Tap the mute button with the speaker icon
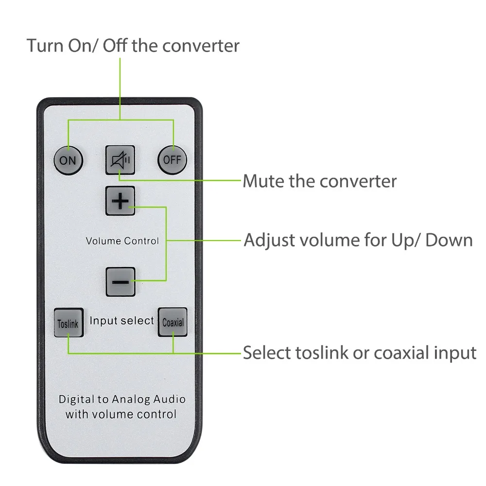(120, 159)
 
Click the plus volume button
(120, 201)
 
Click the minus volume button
(120, 281)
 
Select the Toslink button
(68, 323)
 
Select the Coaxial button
(173, 322)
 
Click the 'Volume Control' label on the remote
(122, 241)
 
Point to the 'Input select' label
(121, 321)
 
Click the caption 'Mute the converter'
(319, 181)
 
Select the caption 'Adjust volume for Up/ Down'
(358, 240)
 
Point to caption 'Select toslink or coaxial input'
(359, 353)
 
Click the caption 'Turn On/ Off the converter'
(133, 46)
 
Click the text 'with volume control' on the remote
(121, 415)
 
